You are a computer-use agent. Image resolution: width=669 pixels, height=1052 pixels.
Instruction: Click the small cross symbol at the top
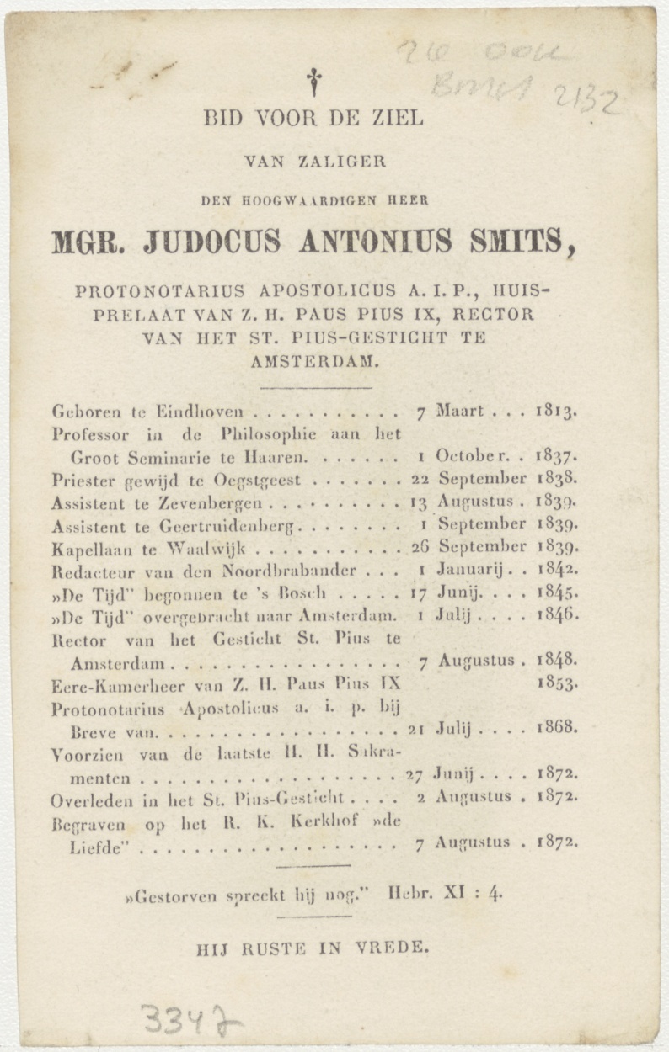coord(313,81)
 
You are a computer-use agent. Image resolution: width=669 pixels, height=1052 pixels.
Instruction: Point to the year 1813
coord(557,412)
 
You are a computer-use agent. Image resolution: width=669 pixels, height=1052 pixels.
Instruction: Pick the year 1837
coord(556,457)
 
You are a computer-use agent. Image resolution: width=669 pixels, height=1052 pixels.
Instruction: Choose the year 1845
coord(557,592)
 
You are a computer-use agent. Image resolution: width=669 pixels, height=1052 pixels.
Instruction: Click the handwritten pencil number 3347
coord(190,1021)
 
